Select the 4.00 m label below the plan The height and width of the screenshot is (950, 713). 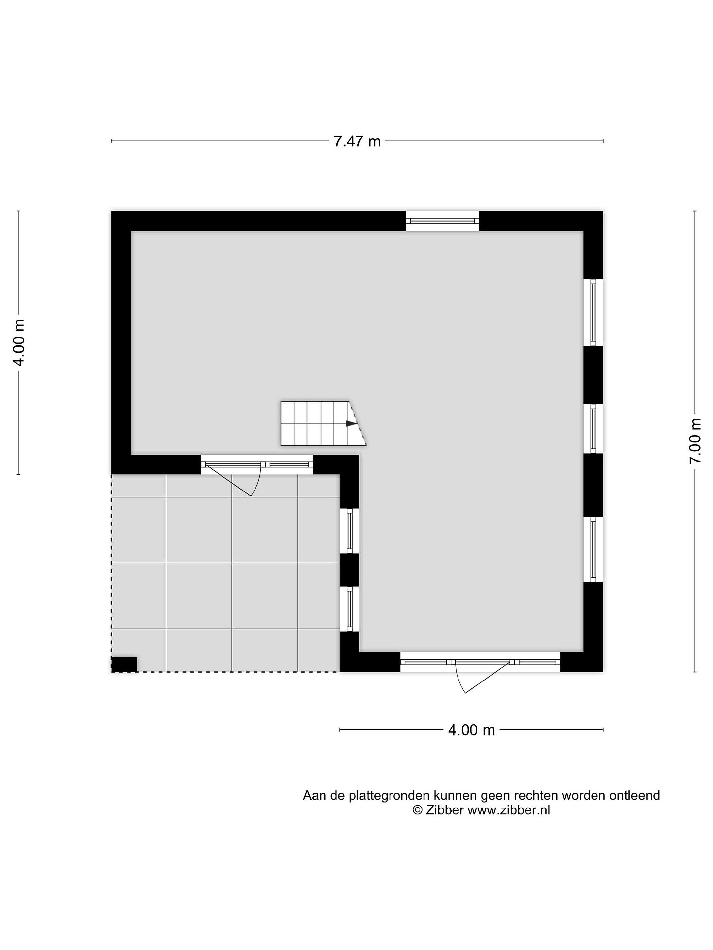coord(471,730)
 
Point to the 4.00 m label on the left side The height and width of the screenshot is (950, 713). coord(18,342)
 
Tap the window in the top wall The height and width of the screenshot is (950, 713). coord(442,221)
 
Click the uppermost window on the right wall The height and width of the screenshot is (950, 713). coord(593,312)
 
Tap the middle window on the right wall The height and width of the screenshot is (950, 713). coord(593,428)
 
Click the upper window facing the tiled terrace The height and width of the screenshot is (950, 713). coord(350,531)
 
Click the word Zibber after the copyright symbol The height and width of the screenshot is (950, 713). coord(444,810)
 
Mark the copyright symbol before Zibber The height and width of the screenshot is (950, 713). coord(417,810)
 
